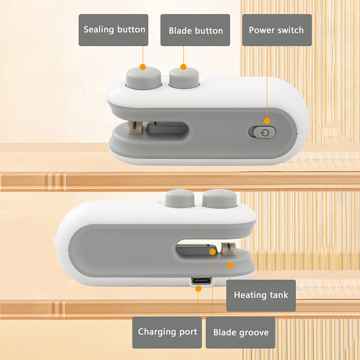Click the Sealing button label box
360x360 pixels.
click(x=113, y=30)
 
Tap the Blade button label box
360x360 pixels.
click(x=195, y=30)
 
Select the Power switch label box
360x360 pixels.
click(x=277, y=30)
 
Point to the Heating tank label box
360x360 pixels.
click(x=261, y=296)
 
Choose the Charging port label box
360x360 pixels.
click(x=167, y=333)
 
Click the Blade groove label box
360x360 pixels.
click(x=240, y=333)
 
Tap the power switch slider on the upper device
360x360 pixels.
click(x=262, y=132)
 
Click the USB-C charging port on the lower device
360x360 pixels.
click(x=201, y=281)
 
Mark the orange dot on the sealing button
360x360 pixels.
click(x=143, y=67)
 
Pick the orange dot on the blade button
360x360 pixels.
click(x=184, y=67)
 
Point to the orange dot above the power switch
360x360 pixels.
click(x=267, y=121)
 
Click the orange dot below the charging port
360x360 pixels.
click(x=198, y=289)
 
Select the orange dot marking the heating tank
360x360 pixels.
click(x=230, y=265)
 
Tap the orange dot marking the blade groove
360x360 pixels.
click(x=212, y=252)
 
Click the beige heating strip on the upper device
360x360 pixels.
click(x=135, y=128)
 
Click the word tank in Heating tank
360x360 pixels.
click(x=279, y=295)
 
